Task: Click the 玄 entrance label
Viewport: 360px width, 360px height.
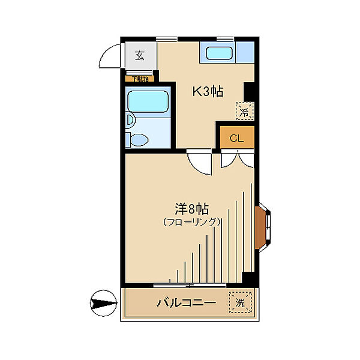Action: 140,56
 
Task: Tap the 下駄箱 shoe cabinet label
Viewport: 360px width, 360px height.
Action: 140,79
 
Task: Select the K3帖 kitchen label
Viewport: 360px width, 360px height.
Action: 208,91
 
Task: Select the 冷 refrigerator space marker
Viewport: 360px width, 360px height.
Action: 244,111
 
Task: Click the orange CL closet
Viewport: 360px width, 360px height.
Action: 236,138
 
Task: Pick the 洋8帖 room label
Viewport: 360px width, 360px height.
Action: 191,209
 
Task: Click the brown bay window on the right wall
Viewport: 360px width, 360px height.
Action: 263,227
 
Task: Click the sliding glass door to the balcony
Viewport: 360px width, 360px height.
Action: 190,283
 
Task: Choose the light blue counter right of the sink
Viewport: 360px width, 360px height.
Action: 245,53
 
